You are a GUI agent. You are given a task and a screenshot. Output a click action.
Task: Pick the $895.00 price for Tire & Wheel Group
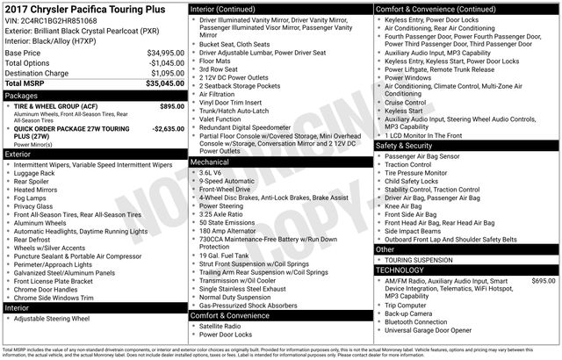(x=172, y=106)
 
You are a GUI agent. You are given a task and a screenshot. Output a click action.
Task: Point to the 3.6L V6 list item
(x=211, y=173)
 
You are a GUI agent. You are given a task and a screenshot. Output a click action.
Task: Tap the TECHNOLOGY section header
(x=400, y=270)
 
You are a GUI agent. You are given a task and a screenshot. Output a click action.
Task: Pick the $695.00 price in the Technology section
(x=544, y=281)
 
